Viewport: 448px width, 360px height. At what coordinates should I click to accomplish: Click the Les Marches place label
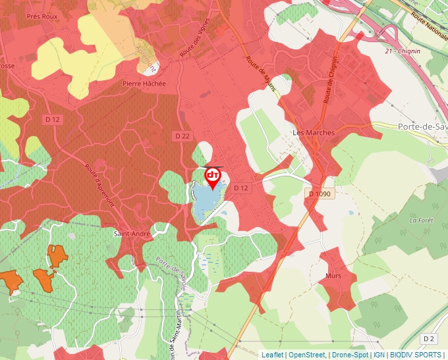coord(314,132)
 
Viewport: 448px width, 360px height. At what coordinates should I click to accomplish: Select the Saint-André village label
coord(132,233)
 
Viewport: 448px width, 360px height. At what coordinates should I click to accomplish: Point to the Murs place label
coord(333,276)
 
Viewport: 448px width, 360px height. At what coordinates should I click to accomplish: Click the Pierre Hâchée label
coord(144,84)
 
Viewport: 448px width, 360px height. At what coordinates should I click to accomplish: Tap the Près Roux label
coord(43,16)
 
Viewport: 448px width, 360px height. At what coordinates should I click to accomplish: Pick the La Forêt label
coord(421,220)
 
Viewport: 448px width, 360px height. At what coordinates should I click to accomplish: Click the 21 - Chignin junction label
coord(403,51)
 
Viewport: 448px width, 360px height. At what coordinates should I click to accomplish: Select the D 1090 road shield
coord(321,194)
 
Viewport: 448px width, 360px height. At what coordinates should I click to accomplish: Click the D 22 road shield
coord(182,136)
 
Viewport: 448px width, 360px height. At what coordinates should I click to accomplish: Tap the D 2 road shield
coord(429,338)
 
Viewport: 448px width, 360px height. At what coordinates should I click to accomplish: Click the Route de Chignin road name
coord(331,79)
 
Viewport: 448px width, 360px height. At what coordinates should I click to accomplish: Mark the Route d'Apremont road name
coord(99,185)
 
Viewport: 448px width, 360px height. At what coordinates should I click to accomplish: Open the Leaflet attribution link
coord(272,355)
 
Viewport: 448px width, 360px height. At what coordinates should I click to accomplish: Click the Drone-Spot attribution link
coord(350,355)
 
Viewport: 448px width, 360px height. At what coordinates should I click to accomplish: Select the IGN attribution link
coord(379,355)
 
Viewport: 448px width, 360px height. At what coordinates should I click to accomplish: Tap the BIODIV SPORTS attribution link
coord(416,355)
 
